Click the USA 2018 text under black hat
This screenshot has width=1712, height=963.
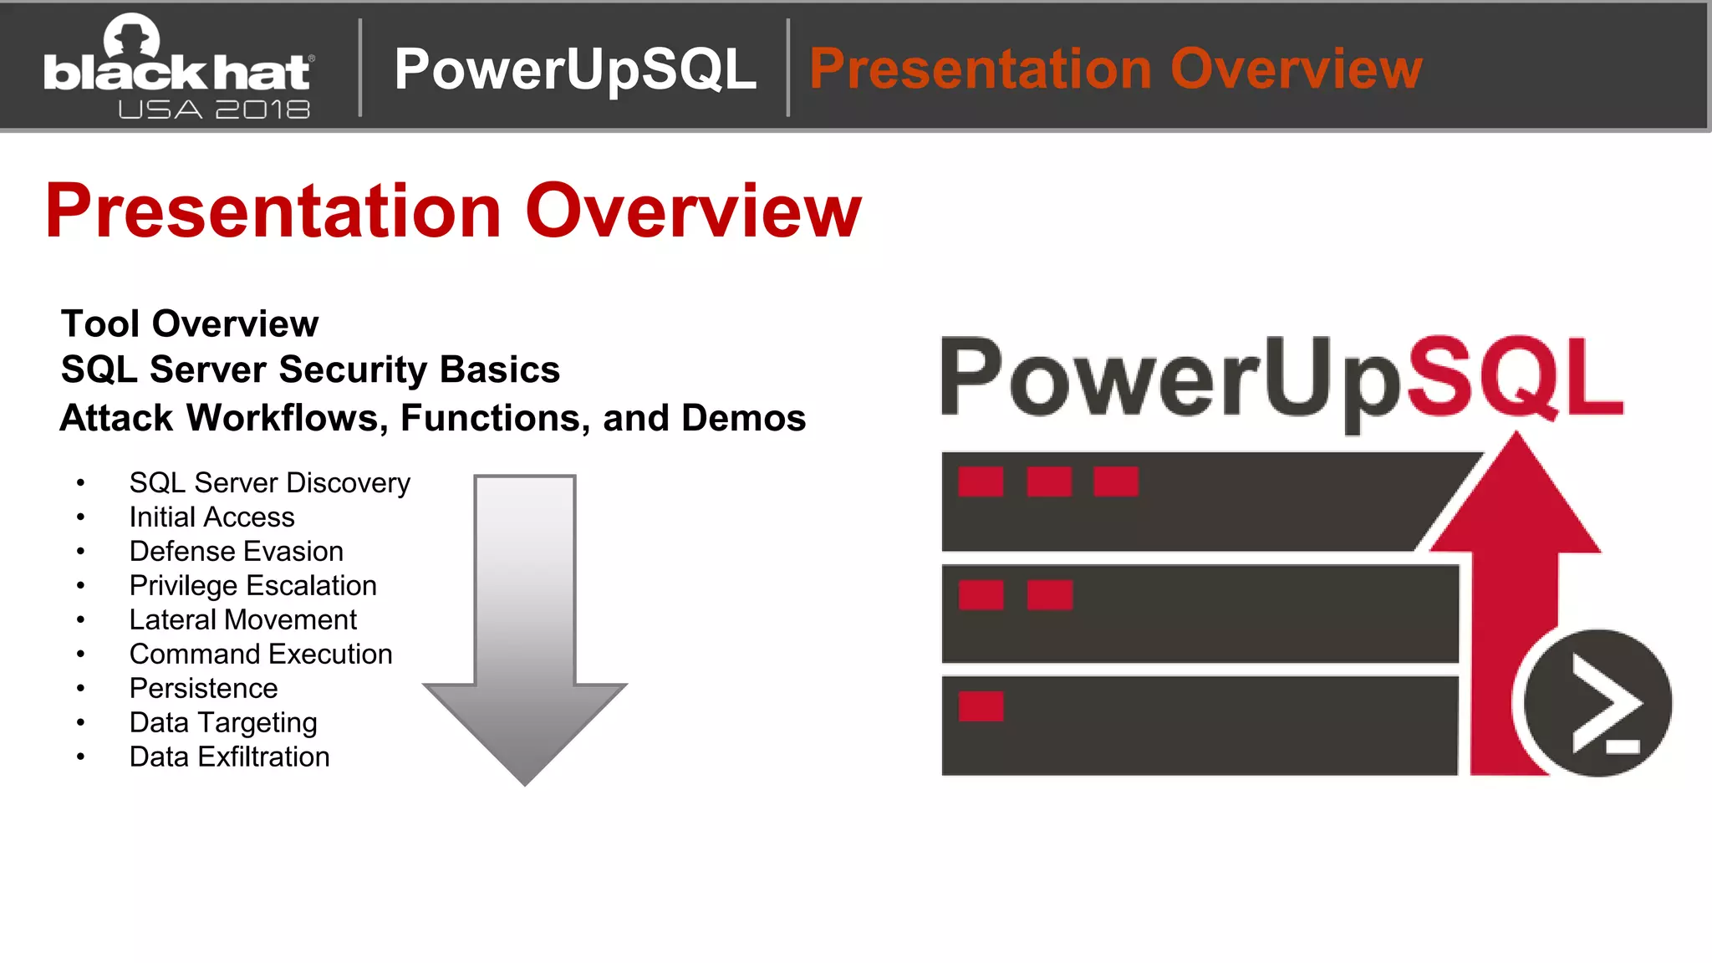coord(214,110)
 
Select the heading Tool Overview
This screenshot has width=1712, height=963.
coord(190,324)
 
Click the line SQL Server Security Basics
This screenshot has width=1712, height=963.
coord(310,369)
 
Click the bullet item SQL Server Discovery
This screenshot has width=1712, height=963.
coord(269,483)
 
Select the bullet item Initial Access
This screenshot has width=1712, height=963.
coord(211,517)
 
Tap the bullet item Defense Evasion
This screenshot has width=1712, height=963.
coord(236,552)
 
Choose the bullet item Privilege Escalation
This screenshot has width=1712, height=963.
coord(252,586)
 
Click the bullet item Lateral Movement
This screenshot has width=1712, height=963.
coord(242,620)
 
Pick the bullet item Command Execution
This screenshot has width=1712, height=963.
coord(260,655)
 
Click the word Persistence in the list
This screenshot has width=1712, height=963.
coord(203,689)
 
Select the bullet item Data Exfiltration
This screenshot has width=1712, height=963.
coord(229,757)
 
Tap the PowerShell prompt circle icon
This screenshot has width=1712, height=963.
coord(1597,702)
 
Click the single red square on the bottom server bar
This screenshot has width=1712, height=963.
coord(981,706)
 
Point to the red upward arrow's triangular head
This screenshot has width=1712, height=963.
coord(1516,502)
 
